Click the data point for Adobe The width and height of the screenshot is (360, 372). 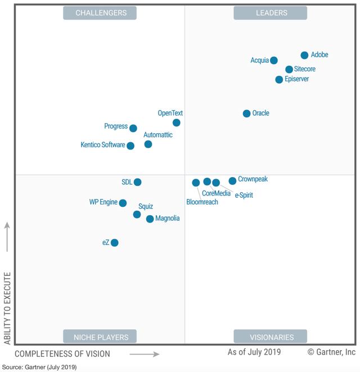304,55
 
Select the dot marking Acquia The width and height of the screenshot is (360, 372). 273,61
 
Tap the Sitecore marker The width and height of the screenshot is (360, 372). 289,70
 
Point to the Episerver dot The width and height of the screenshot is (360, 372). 279,80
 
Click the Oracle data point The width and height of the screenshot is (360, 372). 246,114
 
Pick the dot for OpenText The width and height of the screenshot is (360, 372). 177,123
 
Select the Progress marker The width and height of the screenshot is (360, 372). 133,128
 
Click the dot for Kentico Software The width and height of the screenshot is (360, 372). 130,146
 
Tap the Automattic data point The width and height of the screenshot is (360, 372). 148,144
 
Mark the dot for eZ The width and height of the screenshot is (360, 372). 115,243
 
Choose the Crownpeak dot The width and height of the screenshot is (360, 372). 232,181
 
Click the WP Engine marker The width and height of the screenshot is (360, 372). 123,203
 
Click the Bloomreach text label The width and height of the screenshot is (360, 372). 202,202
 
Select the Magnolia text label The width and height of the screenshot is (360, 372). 168,218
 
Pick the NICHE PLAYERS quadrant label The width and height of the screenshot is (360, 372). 101,337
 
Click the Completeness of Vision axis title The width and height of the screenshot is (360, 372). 62,354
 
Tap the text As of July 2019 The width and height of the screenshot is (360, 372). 254,352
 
